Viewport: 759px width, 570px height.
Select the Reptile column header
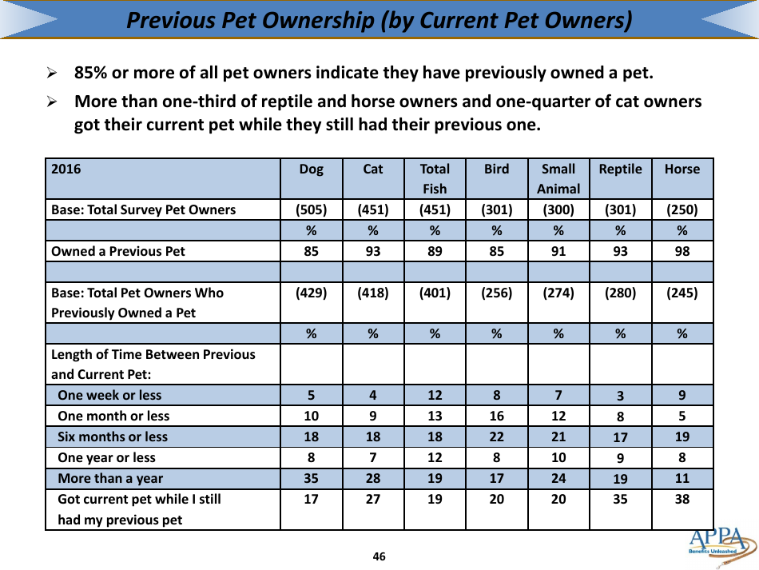[620, 169]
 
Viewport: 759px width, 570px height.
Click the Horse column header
[682, 169]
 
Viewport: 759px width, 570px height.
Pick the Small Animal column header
[558, 178]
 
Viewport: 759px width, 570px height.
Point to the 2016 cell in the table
[66, 169]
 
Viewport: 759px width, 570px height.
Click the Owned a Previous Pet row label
[117, 251]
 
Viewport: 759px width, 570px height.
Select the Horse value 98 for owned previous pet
[682, 251]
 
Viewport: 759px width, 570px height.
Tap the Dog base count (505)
[312, 210]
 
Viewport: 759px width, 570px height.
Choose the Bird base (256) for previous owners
[496, 293]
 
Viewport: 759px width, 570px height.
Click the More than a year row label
[110, 478]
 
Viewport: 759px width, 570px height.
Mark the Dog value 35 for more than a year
[312, 478]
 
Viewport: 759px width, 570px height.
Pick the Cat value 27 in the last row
[372, 499]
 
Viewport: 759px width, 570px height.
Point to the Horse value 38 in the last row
[682, 499]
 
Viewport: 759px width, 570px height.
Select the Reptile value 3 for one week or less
[620, 396]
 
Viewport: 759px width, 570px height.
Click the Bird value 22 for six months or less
[496, 436]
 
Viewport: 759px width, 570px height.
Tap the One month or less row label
[113, 416]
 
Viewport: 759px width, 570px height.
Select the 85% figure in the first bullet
[91, 74]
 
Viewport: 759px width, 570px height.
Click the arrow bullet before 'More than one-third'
[52, 102]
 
